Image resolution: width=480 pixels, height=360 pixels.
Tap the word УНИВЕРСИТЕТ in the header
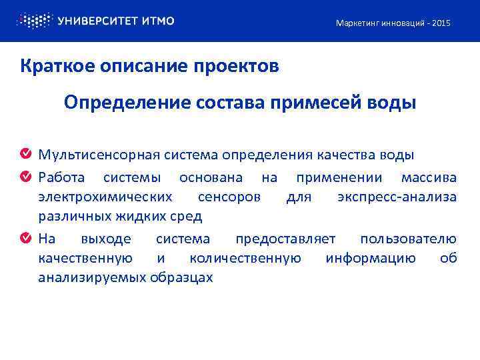coord(97,21)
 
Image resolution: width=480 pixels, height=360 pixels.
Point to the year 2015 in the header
coord(441,23)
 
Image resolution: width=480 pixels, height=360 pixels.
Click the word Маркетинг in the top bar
coord(357,23)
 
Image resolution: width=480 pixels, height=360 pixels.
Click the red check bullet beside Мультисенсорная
coord(25,155)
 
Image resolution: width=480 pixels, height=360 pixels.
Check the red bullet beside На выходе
coord(25,239)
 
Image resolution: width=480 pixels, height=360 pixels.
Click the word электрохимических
coord(105,197)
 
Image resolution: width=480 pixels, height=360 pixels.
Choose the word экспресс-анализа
coord(397,197)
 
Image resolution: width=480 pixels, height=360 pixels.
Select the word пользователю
coord(408,239)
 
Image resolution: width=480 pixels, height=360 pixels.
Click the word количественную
coord(245,258)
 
